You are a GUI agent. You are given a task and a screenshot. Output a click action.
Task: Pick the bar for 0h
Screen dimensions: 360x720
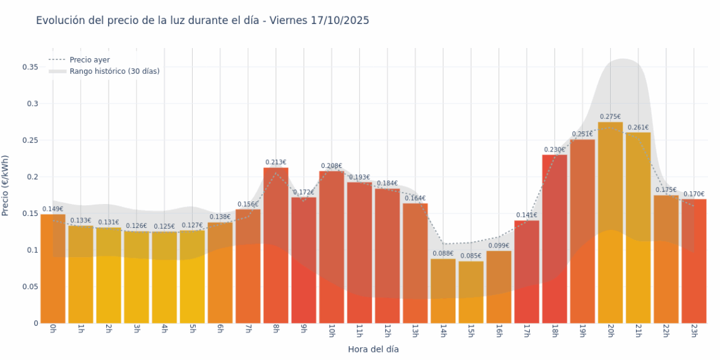click(53, 268)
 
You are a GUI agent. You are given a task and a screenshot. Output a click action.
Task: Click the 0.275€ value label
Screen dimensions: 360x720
click(610, 117)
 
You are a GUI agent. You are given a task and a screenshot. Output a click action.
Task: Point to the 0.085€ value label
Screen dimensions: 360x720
click(471, 256)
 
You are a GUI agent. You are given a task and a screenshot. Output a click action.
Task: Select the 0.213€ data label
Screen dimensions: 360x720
click(276, 162)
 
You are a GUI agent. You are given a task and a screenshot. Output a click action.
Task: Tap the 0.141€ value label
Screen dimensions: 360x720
click(527, 215)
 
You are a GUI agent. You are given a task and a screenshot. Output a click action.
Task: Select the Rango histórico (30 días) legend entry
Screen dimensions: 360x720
click(114, 71)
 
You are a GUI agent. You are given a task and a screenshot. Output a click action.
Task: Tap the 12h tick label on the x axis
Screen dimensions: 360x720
click(387, 331)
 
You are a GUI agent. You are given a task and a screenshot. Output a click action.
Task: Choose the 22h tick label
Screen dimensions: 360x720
click(665, 331)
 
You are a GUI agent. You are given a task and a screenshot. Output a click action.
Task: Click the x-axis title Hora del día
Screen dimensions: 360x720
click(373, 349)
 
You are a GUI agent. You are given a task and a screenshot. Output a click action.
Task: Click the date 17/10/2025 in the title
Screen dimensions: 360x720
click(340, 21)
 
